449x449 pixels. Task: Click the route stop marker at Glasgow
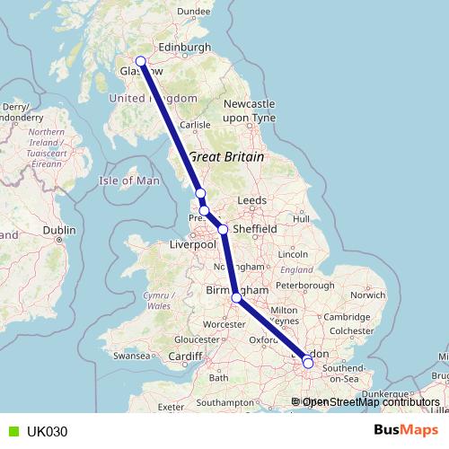pos(140,62)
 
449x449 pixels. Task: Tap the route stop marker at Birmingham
pos(236,298)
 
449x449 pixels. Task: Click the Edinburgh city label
pos(183,47)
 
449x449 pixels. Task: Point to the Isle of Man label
pos(128,180)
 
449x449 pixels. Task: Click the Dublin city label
pos(58,230)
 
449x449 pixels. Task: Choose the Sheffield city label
pos(254,229)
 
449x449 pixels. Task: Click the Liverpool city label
pos(193,243)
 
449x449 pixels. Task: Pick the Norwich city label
pos(368,294)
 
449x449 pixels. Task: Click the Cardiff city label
pos(186,356)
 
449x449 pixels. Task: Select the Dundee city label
pos(193,12)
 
